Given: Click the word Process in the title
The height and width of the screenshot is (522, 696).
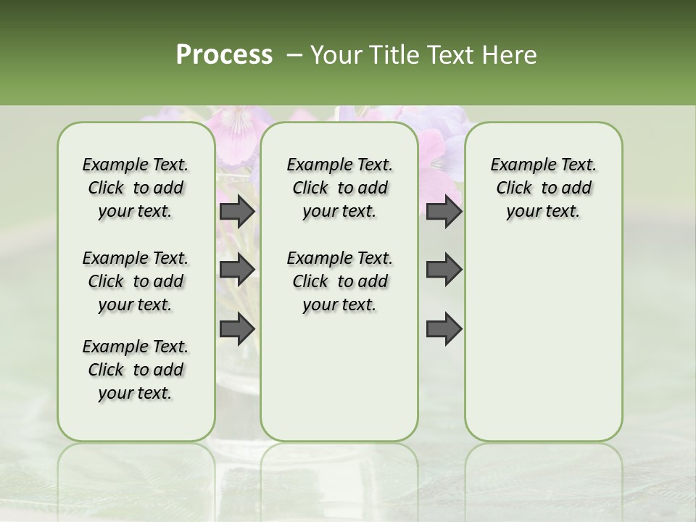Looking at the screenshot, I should click(224, 55).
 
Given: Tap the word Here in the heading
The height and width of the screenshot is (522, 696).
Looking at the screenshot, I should click(510, 55).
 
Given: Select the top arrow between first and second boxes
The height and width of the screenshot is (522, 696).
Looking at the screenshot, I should click(237, 212).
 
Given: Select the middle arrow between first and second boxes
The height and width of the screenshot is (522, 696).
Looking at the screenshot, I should click(237, 270).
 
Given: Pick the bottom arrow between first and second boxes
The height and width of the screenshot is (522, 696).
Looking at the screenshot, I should click(237, 329).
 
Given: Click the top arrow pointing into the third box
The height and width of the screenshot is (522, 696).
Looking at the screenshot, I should click(444, 212).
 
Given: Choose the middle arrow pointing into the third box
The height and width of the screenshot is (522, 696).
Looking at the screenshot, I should click(444, 270).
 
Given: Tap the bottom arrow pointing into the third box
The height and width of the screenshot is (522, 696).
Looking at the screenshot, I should click(444, 329).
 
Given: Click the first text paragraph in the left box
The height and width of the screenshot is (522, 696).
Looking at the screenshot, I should click(136, 188).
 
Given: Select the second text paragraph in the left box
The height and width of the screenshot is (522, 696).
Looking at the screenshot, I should click(136, 281).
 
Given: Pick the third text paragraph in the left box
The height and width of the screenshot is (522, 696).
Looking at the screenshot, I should click(136, 370).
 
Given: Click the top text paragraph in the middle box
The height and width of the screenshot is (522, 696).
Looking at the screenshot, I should click(339, 188).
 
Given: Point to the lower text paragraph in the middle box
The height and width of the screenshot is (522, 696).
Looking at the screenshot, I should click(339, 281).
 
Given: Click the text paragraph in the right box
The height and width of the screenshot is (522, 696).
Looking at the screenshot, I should click(543, 188).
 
